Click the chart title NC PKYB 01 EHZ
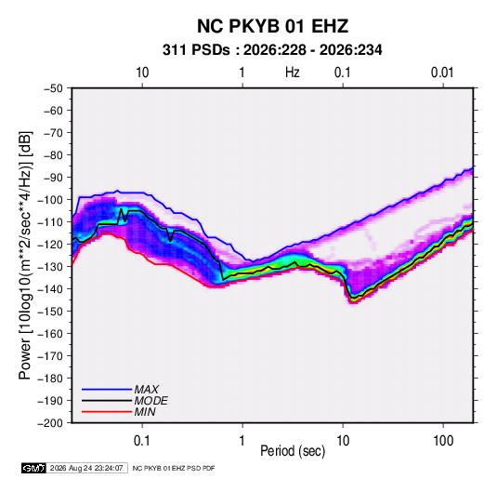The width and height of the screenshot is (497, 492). coord(272,26)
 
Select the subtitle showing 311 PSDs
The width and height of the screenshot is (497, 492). coord(272,50)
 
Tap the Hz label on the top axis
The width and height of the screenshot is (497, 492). coord(293,73)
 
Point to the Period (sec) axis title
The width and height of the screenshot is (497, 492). coord(293,451)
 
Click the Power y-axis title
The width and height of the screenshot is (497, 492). coord(25,256)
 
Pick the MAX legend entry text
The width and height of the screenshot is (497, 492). coord(147,390)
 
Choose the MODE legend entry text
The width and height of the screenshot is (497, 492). coord(150,401)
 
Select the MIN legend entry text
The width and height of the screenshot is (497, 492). coord(145,412)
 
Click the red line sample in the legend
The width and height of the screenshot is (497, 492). coord(107,412)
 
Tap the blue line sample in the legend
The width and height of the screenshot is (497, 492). coord(107,390)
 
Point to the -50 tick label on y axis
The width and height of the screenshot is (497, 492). coord(53,88)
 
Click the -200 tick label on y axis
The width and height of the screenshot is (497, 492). coord(50,423)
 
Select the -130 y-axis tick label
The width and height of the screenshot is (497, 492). coord(50,267)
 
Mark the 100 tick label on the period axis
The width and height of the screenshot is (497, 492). coord(443,441)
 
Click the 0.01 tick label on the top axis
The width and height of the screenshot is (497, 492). coord(442,73)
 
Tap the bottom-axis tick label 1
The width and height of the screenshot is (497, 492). coord(242,441)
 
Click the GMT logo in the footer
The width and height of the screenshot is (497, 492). coord(34,468)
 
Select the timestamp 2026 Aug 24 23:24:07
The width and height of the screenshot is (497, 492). coord(86,468)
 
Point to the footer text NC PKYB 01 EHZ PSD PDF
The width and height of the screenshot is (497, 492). coord(174,468)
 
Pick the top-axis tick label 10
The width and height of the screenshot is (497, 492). coord(142,73)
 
